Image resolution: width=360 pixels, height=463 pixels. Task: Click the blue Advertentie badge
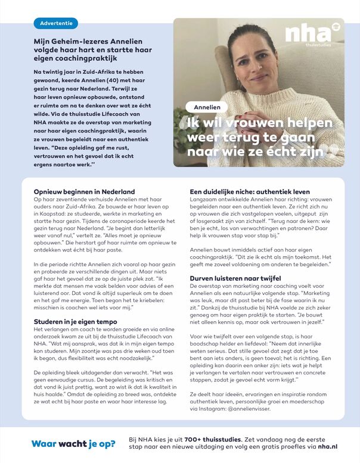(x=56, y=24)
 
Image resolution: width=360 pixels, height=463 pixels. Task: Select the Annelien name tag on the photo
(x=207, y=107)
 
